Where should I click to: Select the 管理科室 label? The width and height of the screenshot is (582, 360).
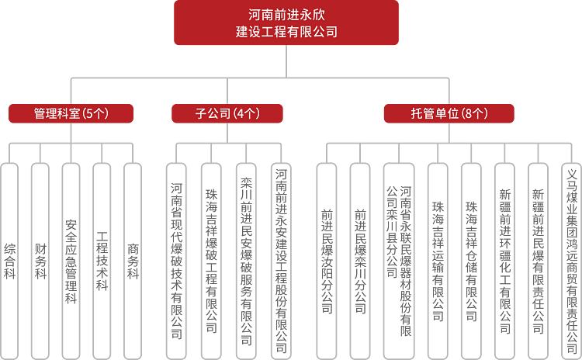tap(57, 113)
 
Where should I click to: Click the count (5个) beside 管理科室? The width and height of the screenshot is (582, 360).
tap(95, 113)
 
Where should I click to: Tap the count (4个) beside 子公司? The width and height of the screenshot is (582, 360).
tap(246, 113)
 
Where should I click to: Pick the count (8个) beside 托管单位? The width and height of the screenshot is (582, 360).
tap(474, 113)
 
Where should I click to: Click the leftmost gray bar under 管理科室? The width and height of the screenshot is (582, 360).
tap(9, 261)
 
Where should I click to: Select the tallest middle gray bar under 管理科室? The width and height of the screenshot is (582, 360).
tap(71, 261)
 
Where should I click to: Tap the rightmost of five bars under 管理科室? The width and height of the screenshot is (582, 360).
tap(133, 261)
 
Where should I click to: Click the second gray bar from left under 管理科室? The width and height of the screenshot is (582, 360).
tap(40, 261)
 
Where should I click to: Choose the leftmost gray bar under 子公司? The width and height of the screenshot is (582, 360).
tap(177, 261)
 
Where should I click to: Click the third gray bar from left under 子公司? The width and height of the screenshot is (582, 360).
tap(246, 261)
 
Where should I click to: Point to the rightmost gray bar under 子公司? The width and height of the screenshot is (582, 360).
tap(281, 261)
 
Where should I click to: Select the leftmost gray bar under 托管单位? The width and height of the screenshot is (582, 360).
tap(327, 261)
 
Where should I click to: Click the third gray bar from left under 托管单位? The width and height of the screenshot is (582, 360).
tap(399, 261)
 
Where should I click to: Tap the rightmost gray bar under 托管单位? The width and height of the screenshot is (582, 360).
tap(571, 261)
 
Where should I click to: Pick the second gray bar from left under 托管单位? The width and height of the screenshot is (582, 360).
tap(359, 261)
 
